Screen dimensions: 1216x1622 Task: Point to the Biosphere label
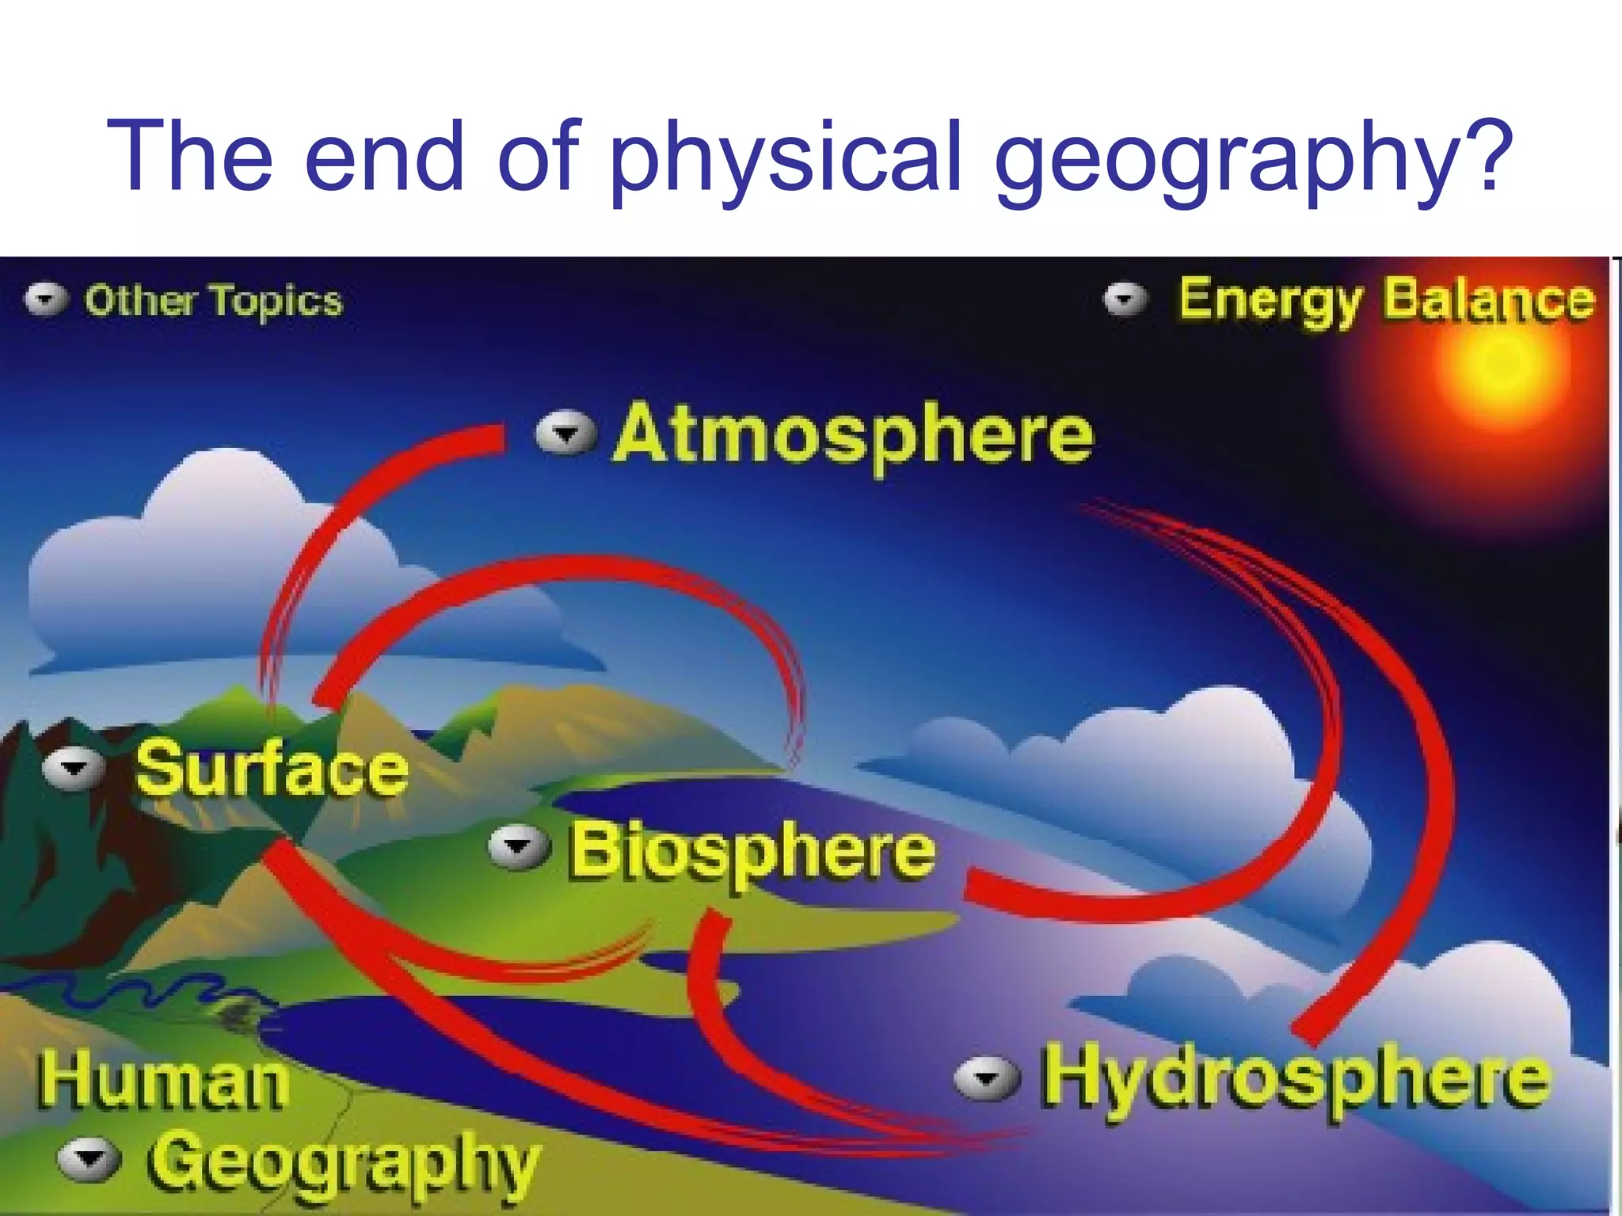point(752,851)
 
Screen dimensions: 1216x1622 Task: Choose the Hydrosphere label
point(1294,1077)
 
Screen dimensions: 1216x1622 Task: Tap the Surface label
point(272,768)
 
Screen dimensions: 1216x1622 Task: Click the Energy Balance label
point(1386,301)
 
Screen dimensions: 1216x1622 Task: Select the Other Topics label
point(214,302)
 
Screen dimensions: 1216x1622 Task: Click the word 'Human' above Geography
point(163,1081)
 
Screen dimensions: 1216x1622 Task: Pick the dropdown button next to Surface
point(74,769)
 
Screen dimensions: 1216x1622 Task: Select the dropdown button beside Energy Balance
point(1125,299)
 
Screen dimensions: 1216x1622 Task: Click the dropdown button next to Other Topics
point(46,299)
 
